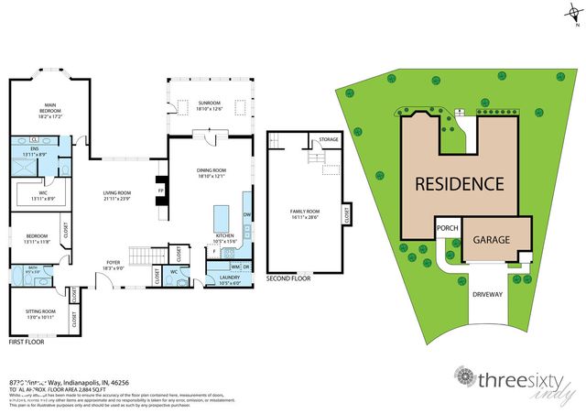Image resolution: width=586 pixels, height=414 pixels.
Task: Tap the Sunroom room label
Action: tap(210, 105)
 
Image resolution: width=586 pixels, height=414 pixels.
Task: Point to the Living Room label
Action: tap(118, 195)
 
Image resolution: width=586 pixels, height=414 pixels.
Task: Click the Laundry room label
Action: tap(228, 279)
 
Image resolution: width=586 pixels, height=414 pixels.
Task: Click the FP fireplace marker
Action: tap(161, 191)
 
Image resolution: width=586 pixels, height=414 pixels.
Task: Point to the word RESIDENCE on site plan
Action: tap(460, 183)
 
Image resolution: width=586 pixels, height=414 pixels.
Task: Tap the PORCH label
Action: tap(448, 229)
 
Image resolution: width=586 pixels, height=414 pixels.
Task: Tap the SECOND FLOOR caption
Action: tap(288, 278)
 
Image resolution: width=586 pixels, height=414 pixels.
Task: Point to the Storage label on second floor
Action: tap(328, 139)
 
